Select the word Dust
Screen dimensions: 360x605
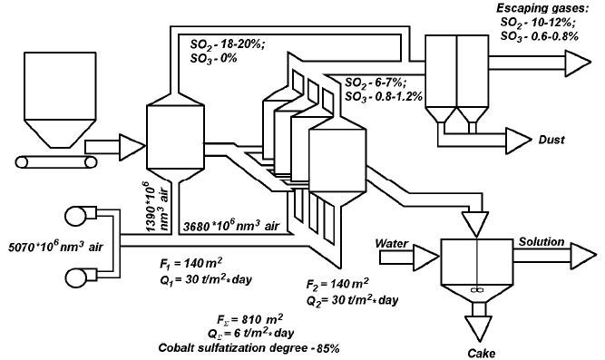tap(550, 141)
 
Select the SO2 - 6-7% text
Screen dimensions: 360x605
tap(375, 82)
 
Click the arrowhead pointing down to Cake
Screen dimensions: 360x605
tap(479, 325)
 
